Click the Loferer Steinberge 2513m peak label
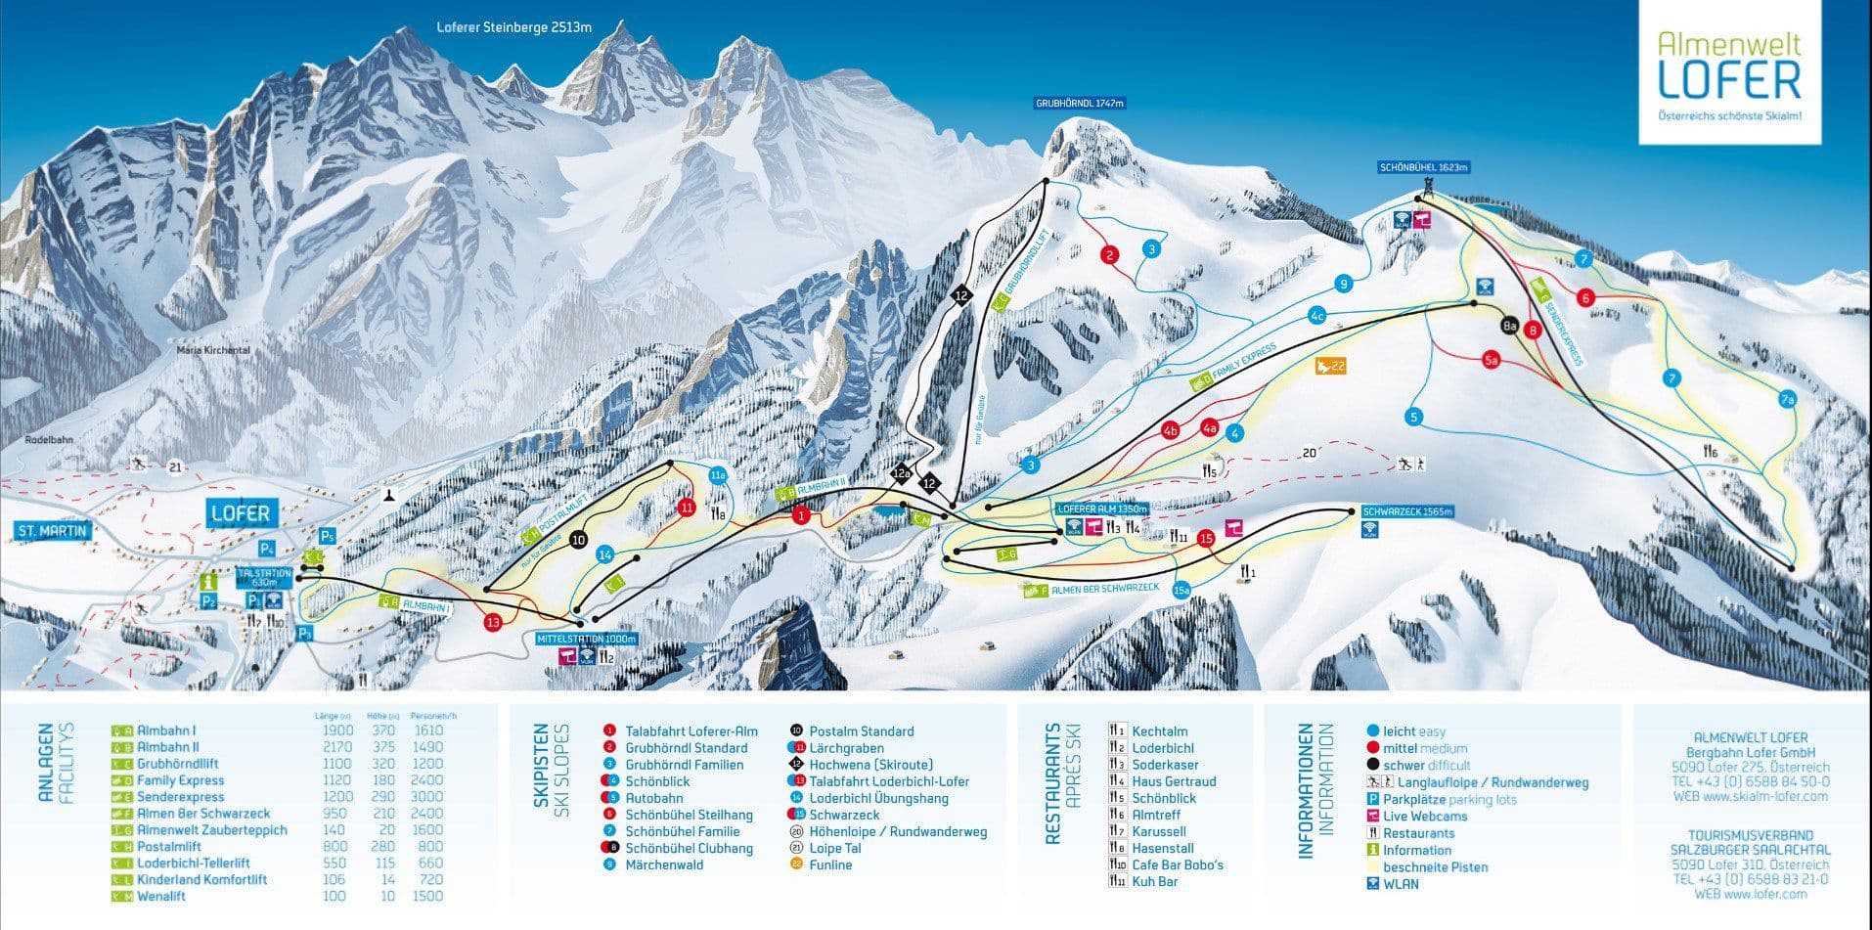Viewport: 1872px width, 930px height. tap(513, 27)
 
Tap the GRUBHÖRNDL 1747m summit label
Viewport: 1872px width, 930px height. tap(1081, 103)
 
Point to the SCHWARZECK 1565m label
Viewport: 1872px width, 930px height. tap(1407, 511)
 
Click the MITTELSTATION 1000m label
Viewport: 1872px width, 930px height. tap(587, 639)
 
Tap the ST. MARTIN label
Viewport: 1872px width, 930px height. tap(53, 531)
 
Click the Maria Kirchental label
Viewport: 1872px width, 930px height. tap(213, 349)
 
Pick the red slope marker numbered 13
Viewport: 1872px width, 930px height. tap(492, 622)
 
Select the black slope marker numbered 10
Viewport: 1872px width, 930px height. tap(578, 539)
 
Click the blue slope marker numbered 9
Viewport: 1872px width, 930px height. tap(1344, 285)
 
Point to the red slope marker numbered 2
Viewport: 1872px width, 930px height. tap(1109, 256)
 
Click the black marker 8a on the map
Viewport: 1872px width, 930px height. tap(1509, 326)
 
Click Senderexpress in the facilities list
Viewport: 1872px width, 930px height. tap(181, 797)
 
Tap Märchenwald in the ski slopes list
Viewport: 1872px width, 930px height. tap(664, 864)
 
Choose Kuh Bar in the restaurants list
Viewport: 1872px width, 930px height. tap(1154, 881)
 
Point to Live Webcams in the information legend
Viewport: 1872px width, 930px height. tap(1425, 817)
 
